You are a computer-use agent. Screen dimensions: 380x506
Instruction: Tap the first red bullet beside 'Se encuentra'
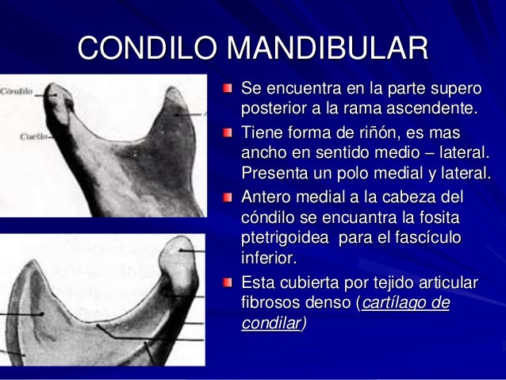tap(228, 85)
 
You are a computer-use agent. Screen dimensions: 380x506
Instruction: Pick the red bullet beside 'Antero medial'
tap(228, 196)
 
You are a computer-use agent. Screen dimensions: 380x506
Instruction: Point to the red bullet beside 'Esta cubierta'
tap(228, 282)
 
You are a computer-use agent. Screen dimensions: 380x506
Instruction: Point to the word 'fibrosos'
tap(273, 304)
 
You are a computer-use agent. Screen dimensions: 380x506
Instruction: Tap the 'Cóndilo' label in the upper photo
tap(16, 91)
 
